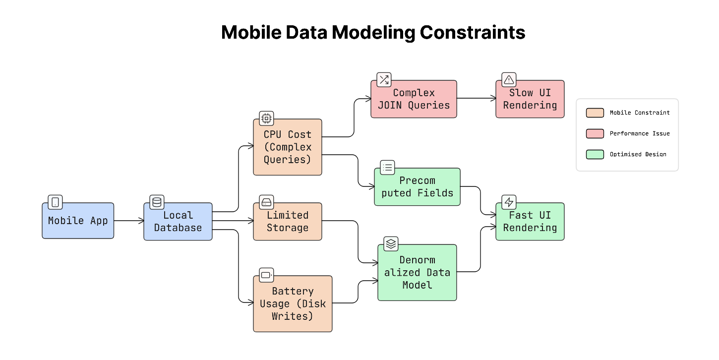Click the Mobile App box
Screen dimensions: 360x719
(78, 221)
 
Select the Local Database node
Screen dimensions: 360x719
(178, 222)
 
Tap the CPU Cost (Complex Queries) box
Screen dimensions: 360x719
(288, 147)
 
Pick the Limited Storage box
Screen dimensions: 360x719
(288, 222)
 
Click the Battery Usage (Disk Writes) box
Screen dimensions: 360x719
(293, 303)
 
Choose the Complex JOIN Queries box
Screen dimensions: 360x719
(414, 99)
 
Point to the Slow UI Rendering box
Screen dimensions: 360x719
(530, 99)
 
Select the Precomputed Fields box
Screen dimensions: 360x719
(417, 187)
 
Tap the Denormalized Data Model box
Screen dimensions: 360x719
(417, 272)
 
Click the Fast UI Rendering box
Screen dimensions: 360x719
(530, 222)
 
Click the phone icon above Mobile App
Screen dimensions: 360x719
(55, 202)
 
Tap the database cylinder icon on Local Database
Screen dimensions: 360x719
(157, 202)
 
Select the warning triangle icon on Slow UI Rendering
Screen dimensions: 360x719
(509, 79)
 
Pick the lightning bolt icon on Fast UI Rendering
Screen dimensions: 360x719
(509, 202)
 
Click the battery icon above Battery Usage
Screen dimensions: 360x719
(266, 275)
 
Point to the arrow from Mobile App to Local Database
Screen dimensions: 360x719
(129, 221)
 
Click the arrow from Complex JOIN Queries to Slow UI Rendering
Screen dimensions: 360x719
(476, 99)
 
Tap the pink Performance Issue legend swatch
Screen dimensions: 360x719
(595, 133)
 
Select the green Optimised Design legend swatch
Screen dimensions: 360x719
(595, 154)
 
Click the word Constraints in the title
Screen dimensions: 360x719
(472, 33)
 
